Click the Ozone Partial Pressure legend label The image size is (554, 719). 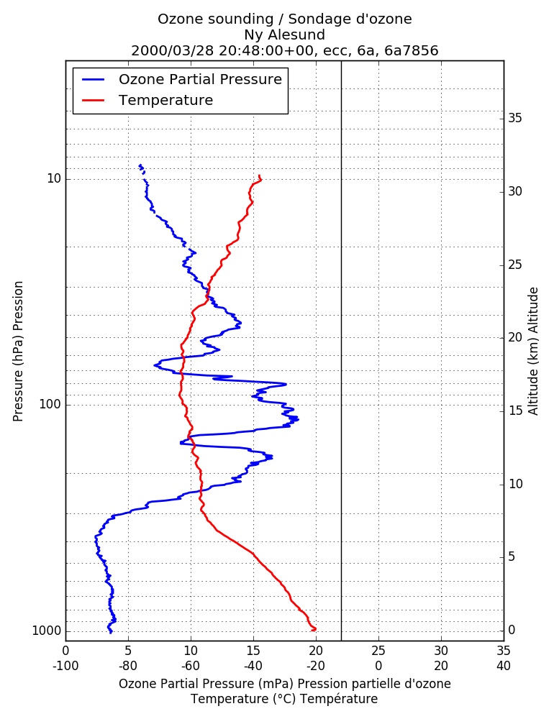(x=200, y=79)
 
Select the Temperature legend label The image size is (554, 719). (x=165, y=100)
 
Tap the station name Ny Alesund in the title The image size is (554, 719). (x=285, y=35)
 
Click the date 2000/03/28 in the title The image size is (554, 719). (x=173, y=50)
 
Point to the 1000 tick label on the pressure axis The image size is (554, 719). (x=47, y=631)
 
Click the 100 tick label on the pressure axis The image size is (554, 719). (x=50, y=404)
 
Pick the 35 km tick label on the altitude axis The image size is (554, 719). (x=515, y=119)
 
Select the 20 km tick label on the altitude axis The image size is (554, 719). (x=515, y=337)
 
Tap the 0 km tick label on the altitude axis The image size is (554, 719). (x=512, y=630)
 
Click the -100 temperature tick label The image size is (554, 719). (x=65, y=666)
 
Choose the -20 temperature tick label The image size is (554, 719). (x=316, y=666)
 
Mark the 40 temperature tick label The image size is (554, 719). (x=504, y=666)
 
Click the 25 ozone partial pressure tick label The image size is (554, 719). (x=378, y=651)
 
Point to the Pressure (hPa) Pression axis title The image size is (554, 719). (x=18, y=352)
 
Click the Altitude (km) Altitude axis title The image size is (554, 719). (x=533, y=352)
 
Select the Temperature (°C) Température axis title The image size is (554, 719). (x=285, y=699)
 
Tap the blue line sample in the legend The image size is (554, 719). (x=94, y=79)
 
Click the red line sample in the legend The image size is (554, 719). (x=94, y=101)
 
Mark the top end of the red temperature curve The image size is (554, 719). (x=260, y=175)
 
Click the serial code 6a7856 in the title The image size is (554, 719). (x=412, y=50)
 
